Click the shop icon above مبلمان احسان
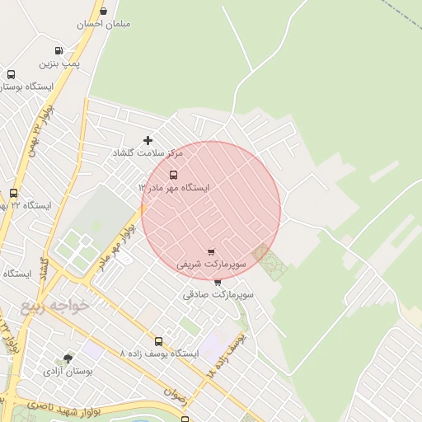tap(103, 11)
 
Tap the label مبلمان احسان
tap(104, 24)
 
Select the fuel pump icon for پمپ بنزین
tap(58, 51)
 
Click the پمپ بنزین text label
tap(59, 63)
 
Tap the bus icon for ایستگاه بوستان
tap(11, 74)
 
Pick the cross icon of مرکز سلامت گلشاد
tap(148, 140)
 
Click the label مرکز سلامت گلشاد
tap(149, 153)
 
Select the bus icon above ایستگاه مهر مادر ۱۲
tap(173, 175)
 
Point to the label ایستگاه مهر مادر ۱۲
tap(174, 188)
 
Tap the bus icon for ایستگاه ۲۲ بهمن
tap(13, 193)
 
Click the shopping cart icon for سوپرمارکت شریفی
tap(211, 252)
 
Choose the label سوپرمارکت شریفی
tap(212, 265)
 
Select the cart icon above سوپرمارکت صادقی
tap(218, 282)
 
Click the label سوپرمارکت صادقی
tap(218, 294)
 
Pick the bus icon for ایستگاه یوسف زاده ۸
tap(158, 341)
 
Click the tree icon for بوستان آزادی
tap(68, 359)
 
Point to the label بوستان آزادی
tap(68, 372)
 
